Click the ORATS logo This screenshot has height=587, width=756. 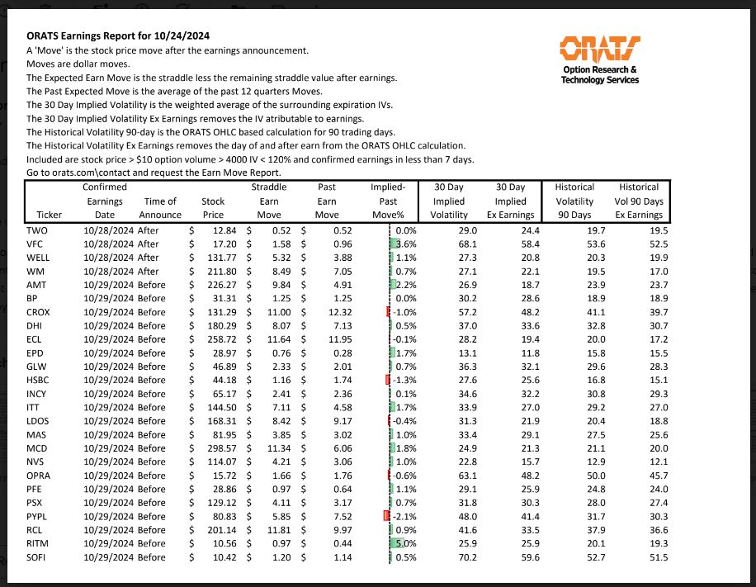click(600, 49)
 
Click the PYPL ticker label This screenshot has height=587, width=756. click(37, 516)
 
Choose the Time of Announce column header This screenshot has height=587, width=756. click(161, 207)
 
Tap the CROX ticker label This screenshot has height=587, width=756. click(38, 313)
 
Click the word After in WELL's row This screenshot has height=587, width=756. click(149, 258)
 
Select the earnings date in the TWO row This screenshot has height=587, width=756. click(109, 231)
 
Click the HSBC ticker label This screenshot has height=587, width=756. click(38, 379)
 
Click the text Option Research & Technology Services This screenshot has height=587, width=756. click(600, 75)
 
